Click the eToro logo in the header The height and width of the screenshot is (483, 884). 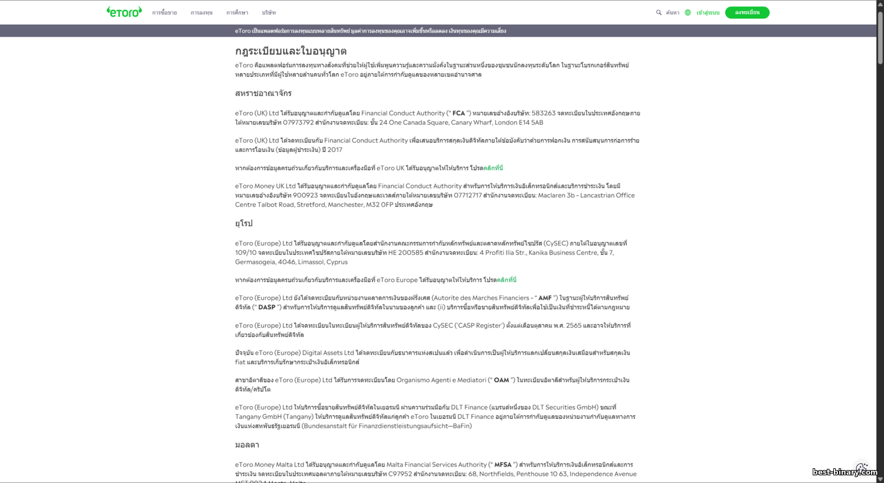click(124, 12)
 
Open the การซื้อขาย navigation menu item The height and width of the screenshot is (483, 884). click(164, 12)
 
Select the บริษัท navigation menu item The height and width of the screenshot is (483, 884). click(269, 12)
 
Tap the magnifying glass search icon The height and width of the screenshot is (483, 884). click(659, 12)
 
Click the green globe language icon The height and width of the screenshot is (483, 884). click(688, 12)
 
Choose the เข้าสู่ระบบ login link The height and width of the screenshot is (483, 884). click(708, 12)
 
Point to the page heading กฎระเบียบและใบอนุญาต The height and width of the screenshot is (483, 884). click(291, 51)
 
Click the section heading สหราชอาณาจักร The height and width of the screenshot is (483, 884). click(263, 93)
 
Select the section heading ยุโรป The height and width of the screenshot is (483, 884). click(243, 223)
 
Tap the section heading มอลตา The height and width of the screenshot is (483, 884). click(247, 445)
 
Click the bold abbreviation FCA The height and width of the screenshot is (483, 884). click(459, 113)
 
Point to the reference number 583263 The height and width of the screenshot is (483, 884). click(543, 113)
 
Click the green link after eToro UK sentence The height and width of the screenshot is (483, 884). click(493, 168)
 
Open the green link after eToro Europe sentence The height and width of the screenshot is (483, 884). click(506, 280)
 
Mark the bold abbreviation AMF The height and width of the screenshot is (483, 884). click(545, 298)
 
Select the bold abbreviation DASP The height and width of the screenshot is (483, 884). click(267, 307)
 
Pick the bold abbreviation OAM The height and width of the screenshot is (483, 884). click(502, 381)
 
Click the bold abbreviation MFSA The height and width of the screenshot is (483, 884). click(503, 465)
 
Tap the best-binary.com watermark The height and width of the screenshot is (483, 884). click(844, 472)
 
